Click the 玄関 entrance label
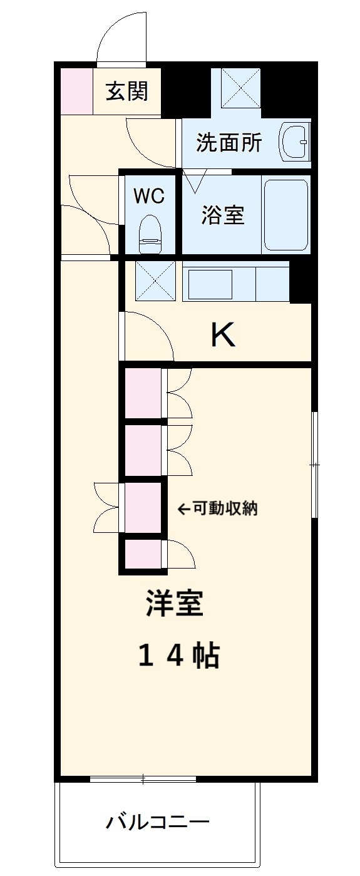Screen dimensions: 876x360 127,91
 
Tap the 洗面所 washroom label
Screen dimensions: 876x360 229,143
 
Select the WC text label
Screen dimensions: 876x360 150,196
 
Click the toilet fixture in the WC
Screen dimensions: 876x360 150,234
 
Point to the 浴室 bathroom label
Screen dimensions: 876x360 222,215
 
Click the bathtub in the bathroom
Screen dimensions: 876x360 285,214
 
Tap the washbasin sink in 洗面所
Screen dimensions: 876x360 294,142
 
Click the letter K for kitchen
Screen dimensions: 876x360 222,336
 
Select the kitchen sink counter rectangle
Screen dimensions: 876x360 210,284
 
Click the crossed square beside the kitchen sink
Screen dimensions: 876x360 155,281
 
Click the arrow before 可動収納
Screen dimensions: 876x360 183,509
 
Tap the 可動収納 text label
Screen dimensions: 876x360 225,509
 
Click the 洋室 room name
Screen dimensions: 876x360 175,604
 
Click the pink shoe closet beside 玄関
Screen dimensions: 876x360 76,90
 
